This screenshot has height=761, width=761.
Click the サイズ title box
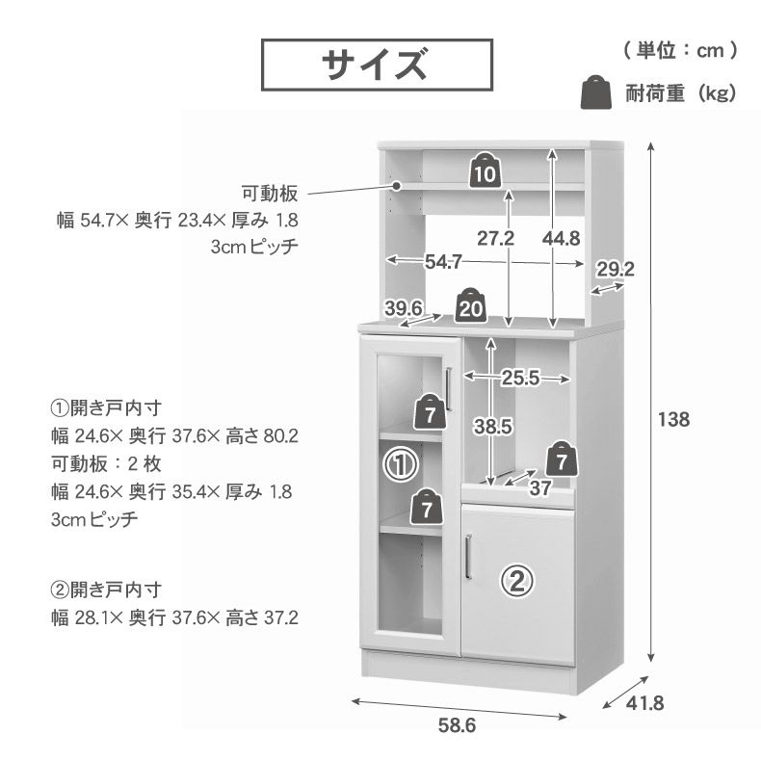tap(377, 65)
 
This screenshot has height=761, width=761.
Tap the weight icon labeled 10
tap(485, 171)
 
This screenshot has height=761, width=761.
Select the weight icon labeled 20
tap(471, 305)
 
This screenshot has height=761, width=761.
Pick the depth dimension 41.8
tap(644, 703)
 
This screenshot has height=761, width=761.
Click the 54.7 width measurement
tap(444, 261)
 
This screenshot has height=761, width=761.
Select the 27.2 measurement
tap(493, 238)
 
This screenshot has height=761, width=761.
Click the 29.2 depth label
tap(615, 269)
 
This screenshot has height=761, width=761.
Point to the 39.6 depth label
tap(405, 307)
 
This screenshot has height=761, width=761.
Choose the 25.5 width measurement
tap(519, 379)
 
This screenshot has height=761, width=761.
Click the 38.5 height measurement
tap(492, 424)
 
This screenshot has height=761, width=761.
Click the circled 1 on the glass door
tap(400, 465)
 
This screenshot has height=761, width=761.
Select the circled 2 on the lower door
tap(517, 580)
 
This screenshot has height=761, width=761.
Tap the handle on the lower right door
tap(467, 556)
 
